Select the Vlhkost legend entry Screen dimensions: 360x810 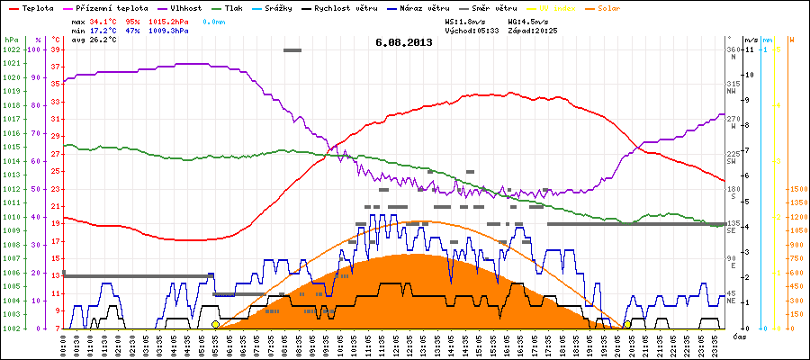coord(185,7)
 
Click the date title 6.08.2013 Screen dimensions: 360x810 coord(404,42)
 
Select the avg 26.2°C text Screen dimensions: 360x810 coord(90,40)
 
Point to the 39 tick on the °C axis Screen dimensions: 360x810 coord(56,49)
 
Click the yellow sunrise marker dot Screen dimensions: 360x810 coord(215,324)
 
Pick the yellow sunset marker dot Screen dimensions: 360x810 coord(627,324)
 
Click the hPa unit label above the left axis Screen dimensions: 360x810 coord(11,40)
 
